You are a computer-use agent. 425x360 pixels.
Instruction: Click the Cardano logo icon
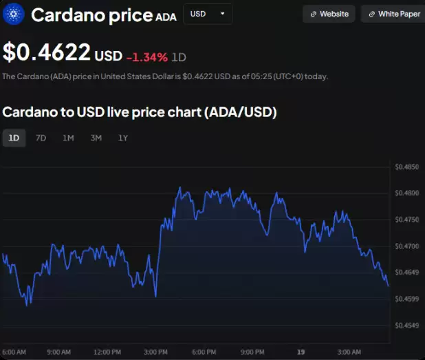pyautogui.click(x=14, y=14)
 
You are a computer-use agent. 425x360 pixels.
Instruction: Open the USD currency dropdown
pyautogui.click(x=207, y=14)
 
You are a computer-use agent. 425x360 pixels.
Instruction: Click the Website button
pyautogui.click(x=329, y=14)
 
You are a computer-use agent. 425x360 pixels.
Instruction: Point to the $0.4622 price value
pyautogui.click(x=47, y=52)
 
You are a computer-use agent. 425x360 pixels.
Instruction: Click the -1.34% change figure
pyautogui.click(x=146, y=56)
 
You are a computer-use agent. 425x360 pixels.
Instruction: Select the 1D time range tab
pyautogui.click(x=14, y=138)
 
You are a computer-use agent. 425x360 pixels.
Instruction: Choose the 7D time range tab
pyautogui.click(x=41, y=138)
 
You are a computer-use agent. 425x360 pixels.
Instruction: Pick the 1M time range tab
pyautogui.click(x=68, y=138)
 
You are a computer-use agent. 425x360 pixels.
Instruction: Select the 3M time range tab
pyautogui.click(x=96, y=138)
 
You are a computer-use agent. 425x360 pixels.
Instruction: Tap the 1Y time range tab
pyautogui.click(x=123, y=138)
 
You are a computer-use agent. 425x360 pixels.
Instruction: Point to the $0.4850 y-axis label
pyautogui.click(x=407, y=167)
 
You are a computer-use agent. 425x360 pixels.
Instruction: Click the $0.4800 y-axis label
pyautogui.click(x=407, y=193)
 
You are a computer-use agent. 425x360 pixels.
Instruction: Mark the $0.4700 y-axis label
pyautogui.click(x=407, y=246)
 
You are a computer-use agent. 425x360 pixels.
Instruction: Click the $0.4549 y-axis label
pyautogui.click(x=407, y=325)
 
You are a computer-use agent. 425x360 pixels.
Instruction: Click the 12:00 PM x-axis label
pyautogui.click(x=107, y=352)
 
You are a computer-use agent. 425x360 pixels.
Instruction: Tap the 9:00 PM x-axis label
pyautogui.click(x=252, y=352)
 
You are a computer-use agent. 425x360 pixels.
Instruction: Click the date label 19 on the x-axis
pyautogui.click(x=301, y=352)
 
